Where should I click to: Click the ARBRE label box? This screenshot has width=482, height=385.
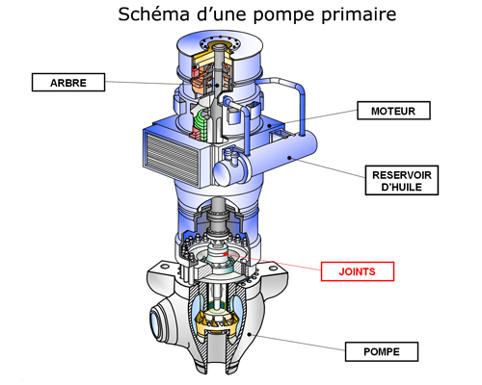pos(67,83)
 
